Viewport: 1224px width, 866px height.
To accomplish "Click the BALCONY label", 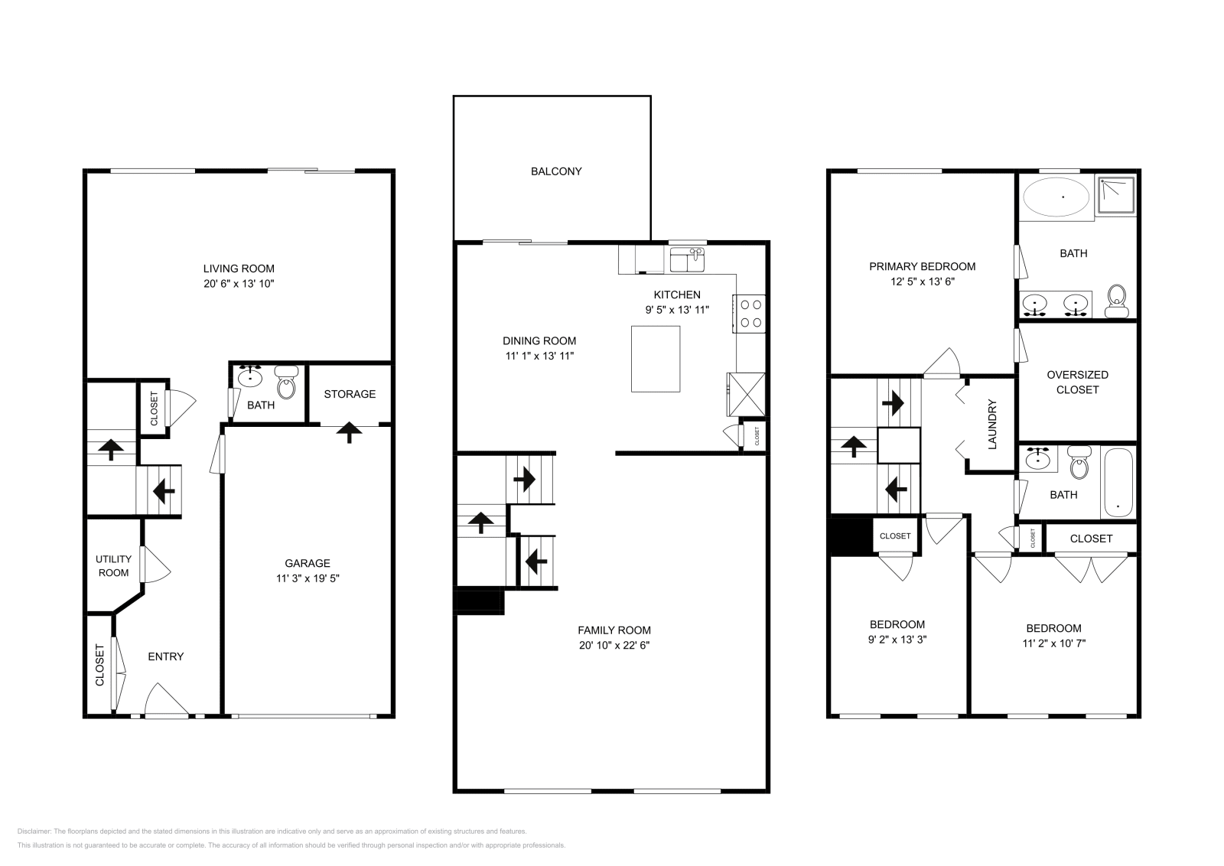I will click(556, 171).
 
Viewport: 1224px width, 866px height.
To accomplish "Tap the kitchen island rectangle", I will click(656, 359).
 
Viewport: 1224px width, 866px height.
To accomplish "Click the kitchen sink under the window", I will click(688, 260).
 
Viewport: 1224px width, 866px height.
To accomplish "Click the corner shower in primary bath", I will click(1116, 196).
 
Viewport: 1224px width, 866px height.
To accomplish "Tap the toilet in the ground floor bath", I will click(286, 383).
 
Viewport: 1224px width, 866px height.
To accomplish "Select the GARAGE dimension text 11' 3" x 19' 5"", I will click(308, 578).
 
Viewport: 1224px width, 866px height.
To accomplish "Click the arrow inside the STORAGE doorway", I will click(350, 432).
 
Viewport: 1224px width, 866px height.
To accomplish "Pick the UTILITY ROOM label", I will click(113, 566).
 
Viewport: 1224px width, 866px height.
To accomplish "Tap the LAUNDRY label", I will click(992, 424).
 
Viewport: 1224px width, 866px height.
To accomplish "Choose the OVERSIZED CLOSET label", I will click(1077, 382).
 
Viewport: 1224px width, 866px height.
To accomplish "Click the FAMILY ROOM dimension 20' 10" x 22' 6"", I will click(614, 645).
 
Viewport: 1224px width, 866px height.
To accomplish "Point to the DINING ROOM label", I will click(539, 341).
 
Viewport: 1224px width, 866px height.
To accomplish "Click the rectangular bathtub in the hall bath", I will click(1118, 483).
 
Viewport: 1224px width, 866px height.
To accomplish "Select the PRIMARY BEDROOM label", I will click(922, 267).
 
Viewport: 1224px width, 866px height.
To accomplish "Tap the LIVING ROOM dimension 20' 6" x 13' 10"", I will click(239, 283).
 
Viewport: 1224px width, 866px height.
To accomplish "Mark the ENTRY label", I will click(166, 656).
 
